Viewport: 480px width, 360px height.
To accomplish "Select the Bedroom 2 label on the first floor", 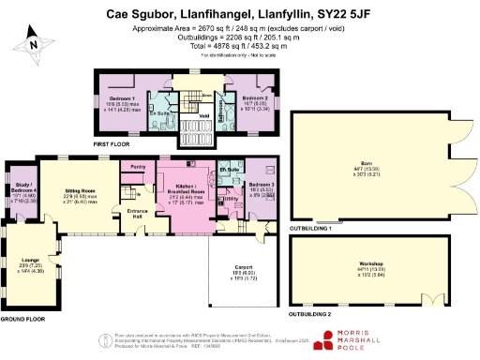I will pos(253,98).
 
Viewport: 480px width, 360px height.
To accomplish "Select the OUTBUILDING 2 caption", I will pos(314,314).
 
